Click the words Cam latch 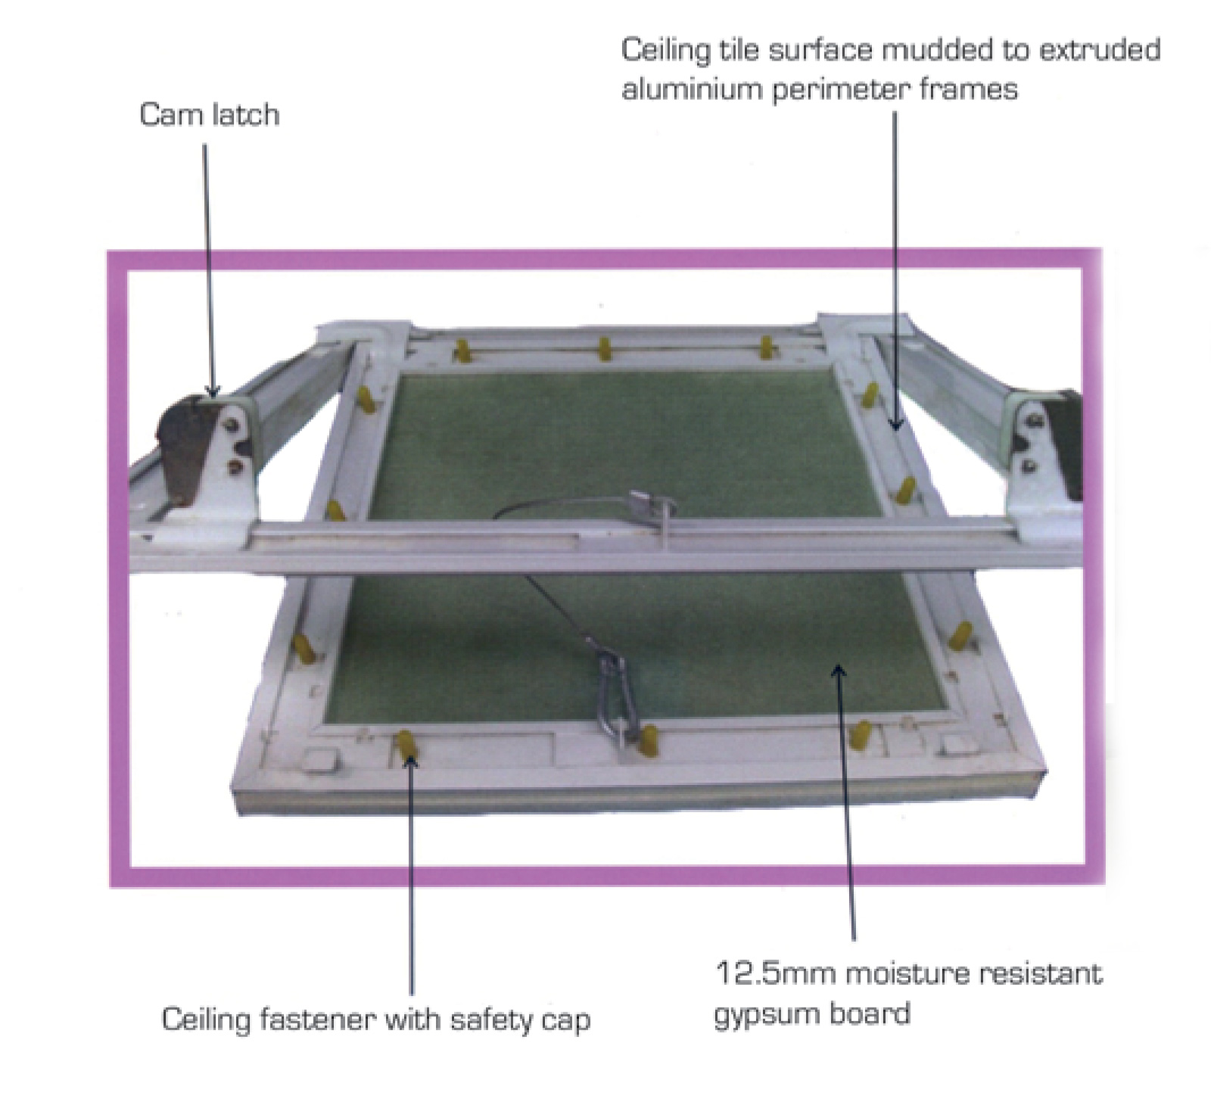click(210, 115)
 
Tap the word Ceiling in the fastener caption click(207, 1020)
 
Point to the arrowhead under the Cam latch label click(212, 389)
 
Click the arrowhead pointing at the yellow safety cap click(409, 760)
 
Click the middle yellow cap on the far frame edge click(605, 349)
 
